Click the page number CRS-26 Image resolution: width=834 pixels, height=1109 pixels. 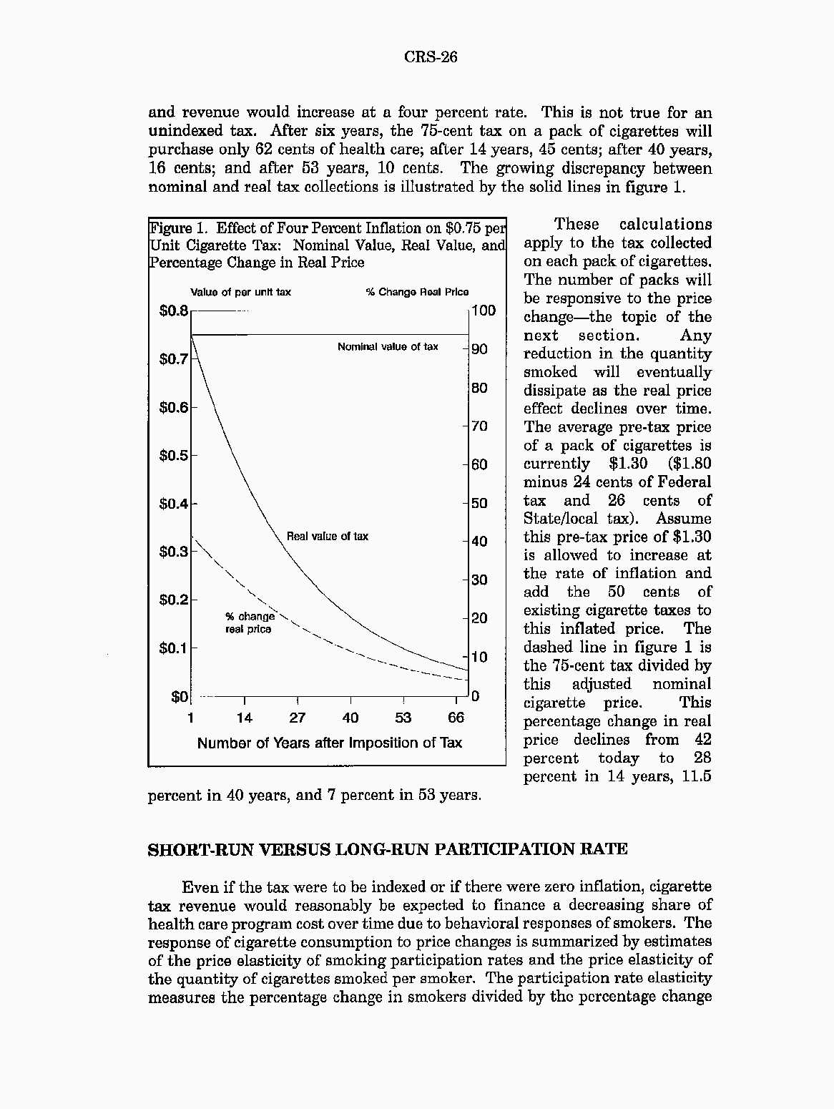430,57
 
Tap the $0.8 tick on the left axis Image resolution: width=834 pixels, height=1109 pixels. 173,311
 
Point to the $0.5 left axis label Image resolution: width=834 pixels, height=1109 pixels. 173,455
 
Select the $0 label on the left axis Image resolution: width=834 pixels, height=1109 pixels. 179,696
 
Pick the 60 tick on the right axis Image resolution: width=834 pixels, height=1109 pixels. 479,464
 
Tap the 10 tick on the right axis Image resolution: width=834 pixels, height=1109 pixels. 479,657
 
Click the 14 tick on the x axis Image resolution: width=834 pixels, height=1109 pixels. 244,718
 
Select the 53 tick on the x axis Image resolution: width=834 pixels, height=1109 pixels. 403,718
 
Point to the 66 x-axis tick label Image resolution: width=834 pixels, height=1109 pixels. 456,718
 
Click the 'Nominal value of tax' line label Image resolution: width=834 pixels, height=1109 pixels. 388,347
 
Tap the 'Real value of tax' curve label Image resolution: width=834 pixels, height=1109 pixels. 328,537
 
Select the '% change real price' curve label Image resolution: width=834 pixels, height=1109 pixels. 249,622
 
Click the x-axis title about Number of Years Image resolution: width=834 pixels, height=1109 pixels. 330,743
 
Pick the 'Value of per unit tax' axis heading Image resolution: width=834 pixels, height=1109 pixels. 240,292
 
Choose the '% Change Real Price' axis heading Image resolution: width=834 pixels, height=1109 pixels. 417,292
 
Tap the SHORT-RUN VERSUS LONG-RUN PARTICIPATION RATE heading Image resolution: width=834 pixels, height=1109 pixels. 387,849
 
